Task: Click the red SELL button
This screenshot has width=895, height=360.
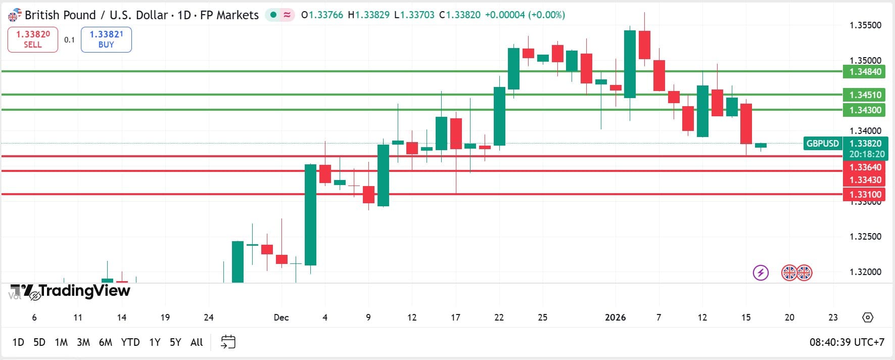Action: (x=33, y=39)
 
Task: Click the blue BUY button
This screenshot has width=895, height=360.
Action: (x=106, y=39)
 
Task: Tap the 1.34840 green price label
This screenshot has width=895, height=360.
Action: (x=865, y=72)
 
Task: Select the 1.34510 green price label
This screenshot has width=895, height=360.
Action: (x=865, y=95)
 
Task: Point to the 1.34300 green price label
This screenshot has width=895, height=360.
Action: (x=865, y=110)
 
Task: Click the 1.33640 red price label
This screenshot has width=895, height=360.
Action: (x=865, y=167)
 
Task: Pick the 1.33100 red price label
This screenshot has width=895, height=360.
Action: (x=865, y=195)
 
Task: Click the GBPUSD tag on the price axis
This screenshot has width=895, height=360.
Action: (x=822, y=144)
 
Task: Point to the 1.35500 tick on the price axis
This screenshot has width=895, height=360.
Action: (x=865, y=25)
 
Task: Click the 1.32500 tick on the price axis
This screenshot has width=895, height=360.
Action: (x=865, y=237)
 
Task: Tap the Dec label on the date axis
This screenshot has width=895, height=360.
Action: (x=281, y=318)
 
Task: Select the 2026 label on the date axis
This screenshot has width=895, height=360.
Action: (x=615, y=318)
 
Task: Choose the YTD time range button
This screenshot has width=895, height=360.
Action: (x=130, y=342)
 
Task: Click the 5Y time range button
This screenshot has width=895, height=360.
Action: (x=175, y=342)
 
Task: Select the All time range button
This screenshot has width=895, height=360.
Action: (x=197, y=342)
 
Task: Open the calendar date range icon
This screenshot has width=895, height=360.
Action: (x=228, y=342)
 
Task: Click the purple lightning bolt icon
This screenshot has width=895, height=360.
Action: (x=761, y=273)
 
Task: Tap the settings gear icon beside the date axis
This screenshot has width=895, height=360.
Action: (x=867, y=318)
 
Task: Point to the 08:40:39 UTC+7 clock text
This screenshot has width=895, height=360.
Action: (x=846, y=342)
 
